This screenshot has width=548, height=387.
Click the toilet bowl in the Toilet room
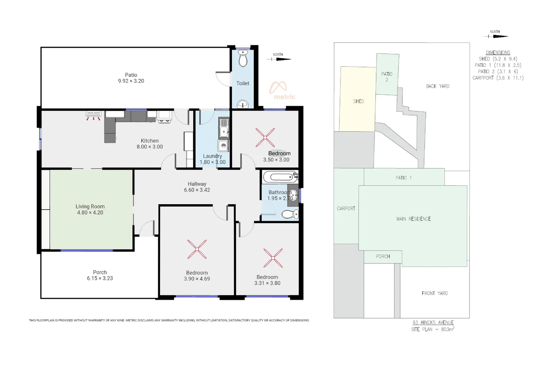coord(243,59)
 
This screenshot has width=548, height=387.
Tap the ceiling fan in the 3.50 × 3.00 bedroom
coord(265,138)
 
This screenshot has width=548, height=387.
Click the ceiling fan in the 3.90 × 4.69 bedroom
coord(197,249)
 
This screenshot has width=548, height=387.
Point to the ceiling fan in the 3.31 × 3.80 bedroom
coord(273,258)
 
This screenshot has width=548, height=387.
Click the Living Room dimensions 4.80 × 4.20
coord(90,212)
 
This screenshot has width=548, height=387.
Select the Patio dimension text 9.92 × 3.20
coord(131,81)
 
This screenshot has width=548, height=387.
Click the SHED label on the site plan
coord(358,101)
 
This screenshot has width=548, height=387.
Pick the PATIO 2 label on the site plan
coord(387,77)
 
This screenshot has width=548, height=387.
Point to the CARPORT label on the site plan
coord(346,209)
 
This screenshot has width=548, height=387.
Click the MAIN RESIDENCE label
coord(413,219)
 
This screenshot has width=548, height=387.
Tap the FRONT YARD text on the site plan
coord(434,293)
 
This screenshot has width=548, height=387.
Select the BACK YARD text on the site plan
coord(437,86)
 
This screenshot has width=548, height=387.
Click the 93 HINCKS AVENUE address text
coord(433,322)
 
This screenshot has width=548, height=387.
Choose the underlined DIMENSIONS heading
coord(498,53)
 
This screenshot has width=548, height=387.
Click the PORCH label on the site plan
coord(383,257)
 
